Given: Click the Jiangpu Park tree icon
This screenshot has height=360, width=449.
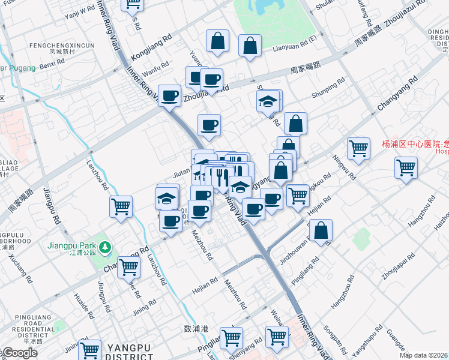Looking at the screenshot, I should (x=106, y=247).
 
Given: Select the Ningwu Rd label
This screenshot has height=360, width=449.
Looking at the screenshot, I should (x=346, y=169).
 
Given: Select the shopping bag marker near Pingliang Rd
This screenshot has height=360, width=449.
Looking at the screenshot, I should (x=321, y=231).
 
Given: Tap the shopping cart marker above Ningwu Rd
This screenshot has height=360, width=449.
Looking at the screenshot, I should (x=358, y=148).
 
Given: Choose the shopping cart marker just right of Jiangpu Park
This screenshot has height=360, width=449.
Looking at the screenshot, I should (x=129, y=267).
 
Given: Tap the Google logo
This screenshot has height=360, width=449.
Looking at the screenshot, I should (x=19, y=353).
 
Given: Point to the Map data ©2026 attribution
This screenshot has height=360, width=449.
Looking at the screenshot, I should (x=424, y=355).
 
